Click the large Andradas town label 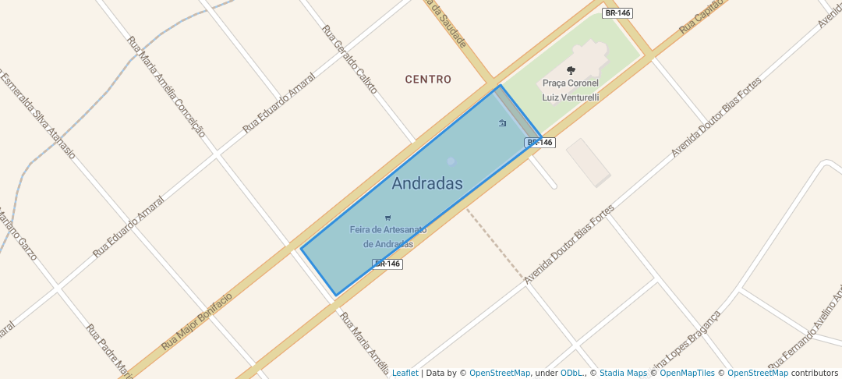(x=427, y=184)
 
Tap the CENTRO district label (x=428, y=80)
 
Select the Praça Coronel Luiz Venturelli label (x=571, y=90)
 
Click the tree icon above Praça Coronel (x=571, y=70)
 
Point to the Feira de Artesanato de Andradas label (x=388, y=236)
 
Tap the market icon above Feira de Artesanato (x=388, y=218)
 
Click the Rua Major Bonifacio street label (x=197, y=321)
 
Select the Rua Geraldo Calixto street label (x=349, y=59)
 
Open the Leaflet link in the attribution (x=405, y=373)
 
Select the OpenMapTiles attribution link (x=687, y=373)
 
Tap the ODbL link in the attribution (x=572, y=373)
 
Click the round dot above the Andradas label (x=451, y=161)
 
